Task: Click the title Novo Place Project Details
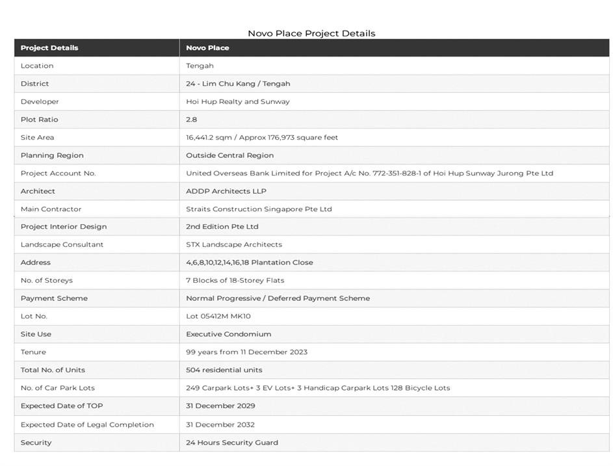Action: [311, 33]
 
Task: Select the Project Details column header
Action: [49, 47]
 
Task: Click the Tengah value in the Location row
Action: [200, 66]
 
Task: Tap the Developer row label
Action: [40, 101]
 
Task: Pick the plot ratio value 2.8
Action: [191, 120]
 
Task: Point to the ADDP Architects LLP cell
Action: [226, 191]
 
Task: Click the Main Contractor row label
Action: [51, 209]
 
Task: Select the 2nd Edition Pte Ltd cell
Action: [222, 227]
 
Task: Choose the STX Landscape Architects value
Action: [233, 244]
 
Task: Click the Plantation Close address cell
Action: [249, 263]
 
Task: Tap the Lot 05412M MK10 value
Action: [218, 316]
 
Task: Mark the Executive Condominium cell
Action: [228, 334]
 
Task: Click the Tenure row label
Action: [33, 352]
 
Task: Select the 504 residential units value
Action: [224, 370]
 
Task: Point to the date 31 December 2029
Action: [220, 406]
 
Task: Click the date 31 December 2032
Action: [220, 424]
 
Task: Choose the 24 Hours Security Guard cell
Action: [231, 443]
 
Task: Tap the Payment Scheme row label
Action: [54, 298]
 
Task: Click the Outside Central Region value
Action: [229, 155]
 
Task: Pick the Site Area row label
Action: [37, 137]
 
